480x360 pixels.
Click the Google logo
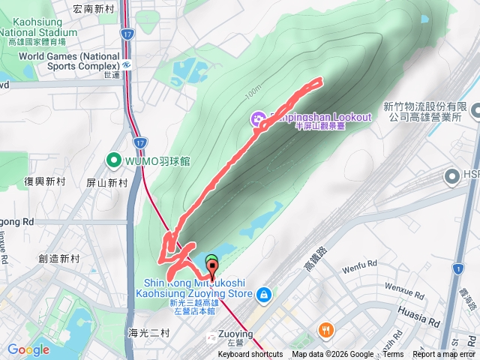[28, 349]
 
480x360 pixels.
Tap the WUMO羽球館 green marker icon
[114, 159]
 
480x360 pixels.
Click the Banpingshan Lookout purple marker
[258, 118]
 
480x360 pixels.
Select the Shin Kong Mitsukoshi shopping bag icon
[263, 294]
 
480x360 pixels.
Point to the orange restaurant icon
[326, 329]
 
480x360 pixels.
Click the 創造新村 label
[58, 259]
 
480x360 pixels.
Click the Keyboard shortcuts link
[250, 355]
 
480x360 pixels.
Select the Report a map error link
[444, 355]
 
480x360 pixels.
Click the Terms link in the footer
[393, 355]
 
